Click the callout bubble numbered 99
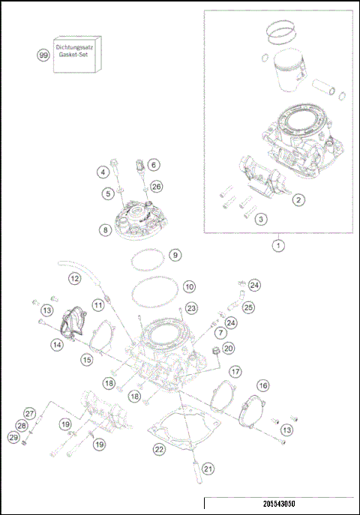pos(43,55)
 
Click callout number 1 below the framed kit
pos(278,244)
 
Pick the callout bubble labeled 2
pos(298,199)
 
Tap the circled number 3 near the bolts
pos(260,219)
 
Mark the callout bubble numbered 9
pos(174,255)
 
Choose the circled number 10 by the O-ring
pos(188,286)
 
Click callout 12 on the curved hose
pos(74,279)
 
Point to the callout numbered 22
pos(158,449)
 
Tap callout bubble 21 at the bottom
pos(208,469)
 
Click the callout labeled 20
pos(228,348)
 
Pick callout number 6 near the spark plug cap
pos(153,164)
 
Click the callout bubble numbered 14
pos(57,344)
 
